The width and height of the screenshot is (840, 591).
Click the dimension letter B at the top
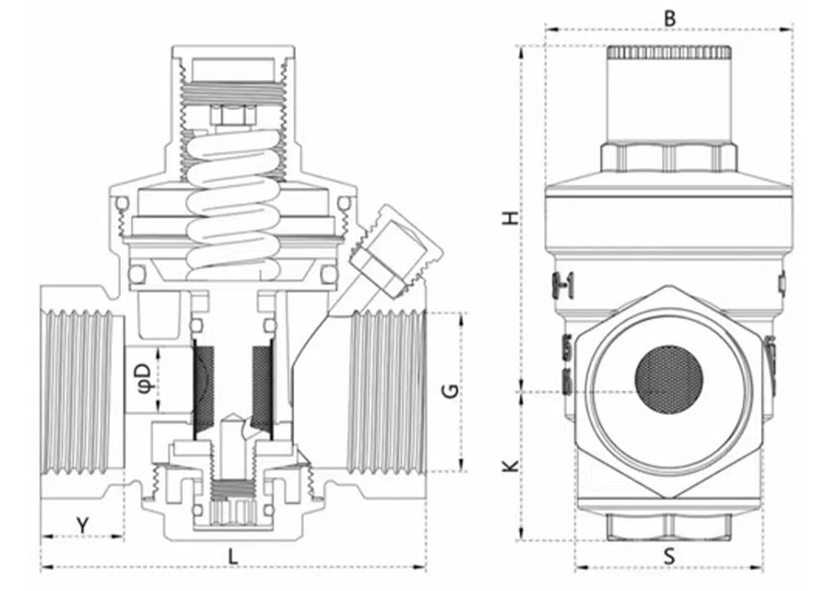[669, 17]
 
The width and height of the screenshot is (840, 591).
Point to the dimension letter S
[669, 555]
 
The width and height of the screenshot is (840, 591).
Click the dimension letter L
[234, 554]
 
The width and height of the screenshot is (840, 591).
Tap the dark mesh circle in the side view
[669, 379]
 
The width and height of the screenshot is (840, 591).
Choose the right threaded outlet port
[386, 390]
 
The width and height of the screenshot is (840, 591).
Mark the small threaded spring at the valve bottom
[232, 487]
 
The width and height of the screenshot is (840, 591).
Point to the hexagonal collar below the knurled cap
[669, 156]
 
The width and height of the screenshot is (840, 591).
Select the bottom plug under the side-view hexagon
[669, 525]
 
